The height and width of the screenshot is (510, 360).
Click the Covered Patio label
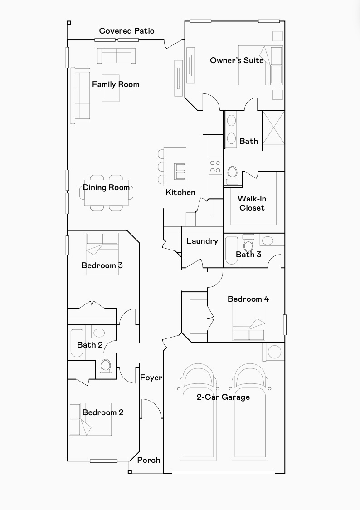126,31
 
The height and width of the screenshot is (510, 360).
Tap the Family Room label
115,84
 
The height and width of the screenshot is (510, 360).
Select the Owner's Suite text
237,60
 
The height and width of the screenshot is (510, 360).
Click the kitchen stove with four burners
215,167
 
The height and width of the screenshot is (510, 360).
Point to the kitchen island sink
180,171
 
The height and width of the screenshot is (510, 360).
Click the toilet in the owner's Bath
233,175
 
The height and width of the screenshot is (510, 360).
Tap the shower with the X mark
273,129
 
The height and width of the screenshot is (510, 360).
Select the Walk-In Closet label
252,203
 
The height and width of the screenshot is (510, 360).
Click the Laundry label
202,241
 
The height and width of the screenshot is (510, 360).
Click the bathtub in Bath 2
77,343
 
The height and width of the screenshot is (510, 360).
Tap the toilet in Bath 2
106,368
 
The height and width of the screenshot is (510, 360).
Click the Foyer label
151,378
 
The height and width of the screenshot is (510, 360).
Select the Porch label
148,460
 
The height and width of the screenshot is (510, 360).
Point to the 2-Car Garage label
223,397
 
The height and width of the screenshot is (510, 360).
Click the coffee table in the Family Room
111,88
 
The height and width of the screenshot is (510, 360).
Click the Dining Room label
106,188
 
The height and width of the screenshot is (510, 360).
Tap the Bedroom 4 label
248,299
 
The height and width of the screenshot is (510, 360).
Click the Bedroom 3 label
102,265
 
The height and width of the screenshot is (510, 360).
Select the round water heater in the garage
274,352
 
